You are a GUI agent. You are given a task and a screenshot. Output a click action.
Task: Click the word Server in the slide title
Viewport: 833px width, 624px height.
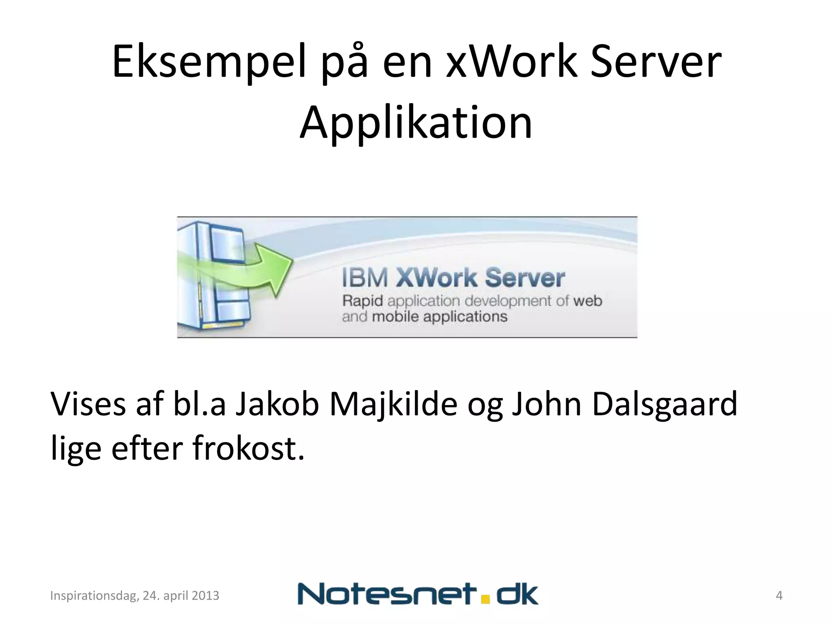point(656,62)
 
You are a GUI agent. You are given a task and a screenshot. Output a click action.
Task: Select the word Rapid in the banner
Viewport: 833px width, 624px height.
point(362,301)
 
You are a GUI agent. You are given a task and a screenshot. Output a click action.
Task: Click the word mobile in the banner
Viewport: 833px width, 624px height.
point(395,317)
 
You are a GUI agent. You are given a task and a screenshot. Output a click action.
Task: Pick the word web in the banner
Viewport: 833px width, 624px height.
point(587,301)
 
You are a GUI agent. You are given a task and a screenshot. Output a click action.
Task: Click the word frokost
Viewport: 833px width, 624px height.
point(248,448)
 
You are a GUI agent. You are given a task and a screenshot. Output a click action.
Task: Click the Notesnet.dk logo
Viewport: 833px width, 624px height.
point(418,594)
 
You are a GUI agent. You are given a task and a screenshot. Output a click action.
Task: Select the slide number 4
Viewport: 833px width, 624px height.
point(779,596)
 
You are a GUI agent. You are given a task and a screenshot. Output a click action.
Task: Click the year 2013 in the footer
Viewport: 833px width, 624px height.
point(205,596)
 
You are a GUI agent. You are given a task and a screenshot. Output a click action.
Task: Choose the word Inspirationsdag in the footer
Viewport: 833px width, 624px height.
point(94,596)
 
